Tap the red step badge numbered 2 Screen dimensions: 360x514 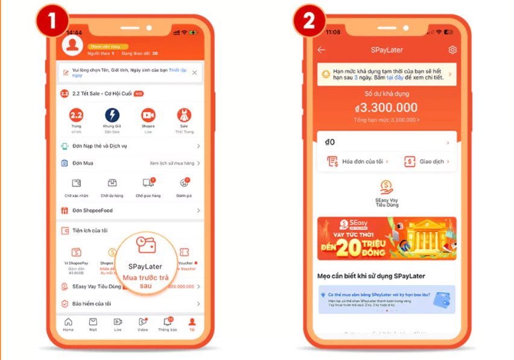[x=309, y=20]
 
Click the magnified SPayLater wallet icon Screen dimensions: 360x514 [x=145, y=244]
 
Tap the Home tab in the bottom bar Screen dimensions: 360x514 [x=68, y=324]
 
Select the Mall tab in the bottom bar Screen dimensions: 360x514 [x=93, y=324]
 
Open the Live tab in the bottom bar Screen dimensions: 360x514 [x=118, y=324]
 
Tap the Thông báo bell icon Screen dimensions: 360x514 [x=167, y=323]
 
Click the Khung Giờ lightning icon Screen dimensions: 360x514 [x=112, y=115]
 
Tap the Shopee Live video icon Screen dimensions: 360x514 [x=148, y=115]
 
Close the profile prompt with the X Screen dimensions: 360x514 [x=194, y=72]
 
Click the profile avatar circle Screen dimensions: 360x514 [x=72, y=45]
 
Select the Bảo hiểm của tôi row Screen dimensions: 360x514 [x=91, y=303]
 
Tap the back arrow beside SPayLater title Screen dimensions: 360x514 [x=322, y=50]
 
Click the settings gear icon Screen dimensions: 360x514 [x=452, y=50]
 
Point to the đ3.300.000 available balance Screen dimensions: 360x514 [x=387, y=108]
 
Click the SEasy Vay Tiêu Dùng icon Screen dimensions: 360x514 [x=387, y=188]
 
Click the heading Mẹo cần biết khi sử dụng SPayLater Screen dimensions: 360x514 [x=371, y=276]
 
